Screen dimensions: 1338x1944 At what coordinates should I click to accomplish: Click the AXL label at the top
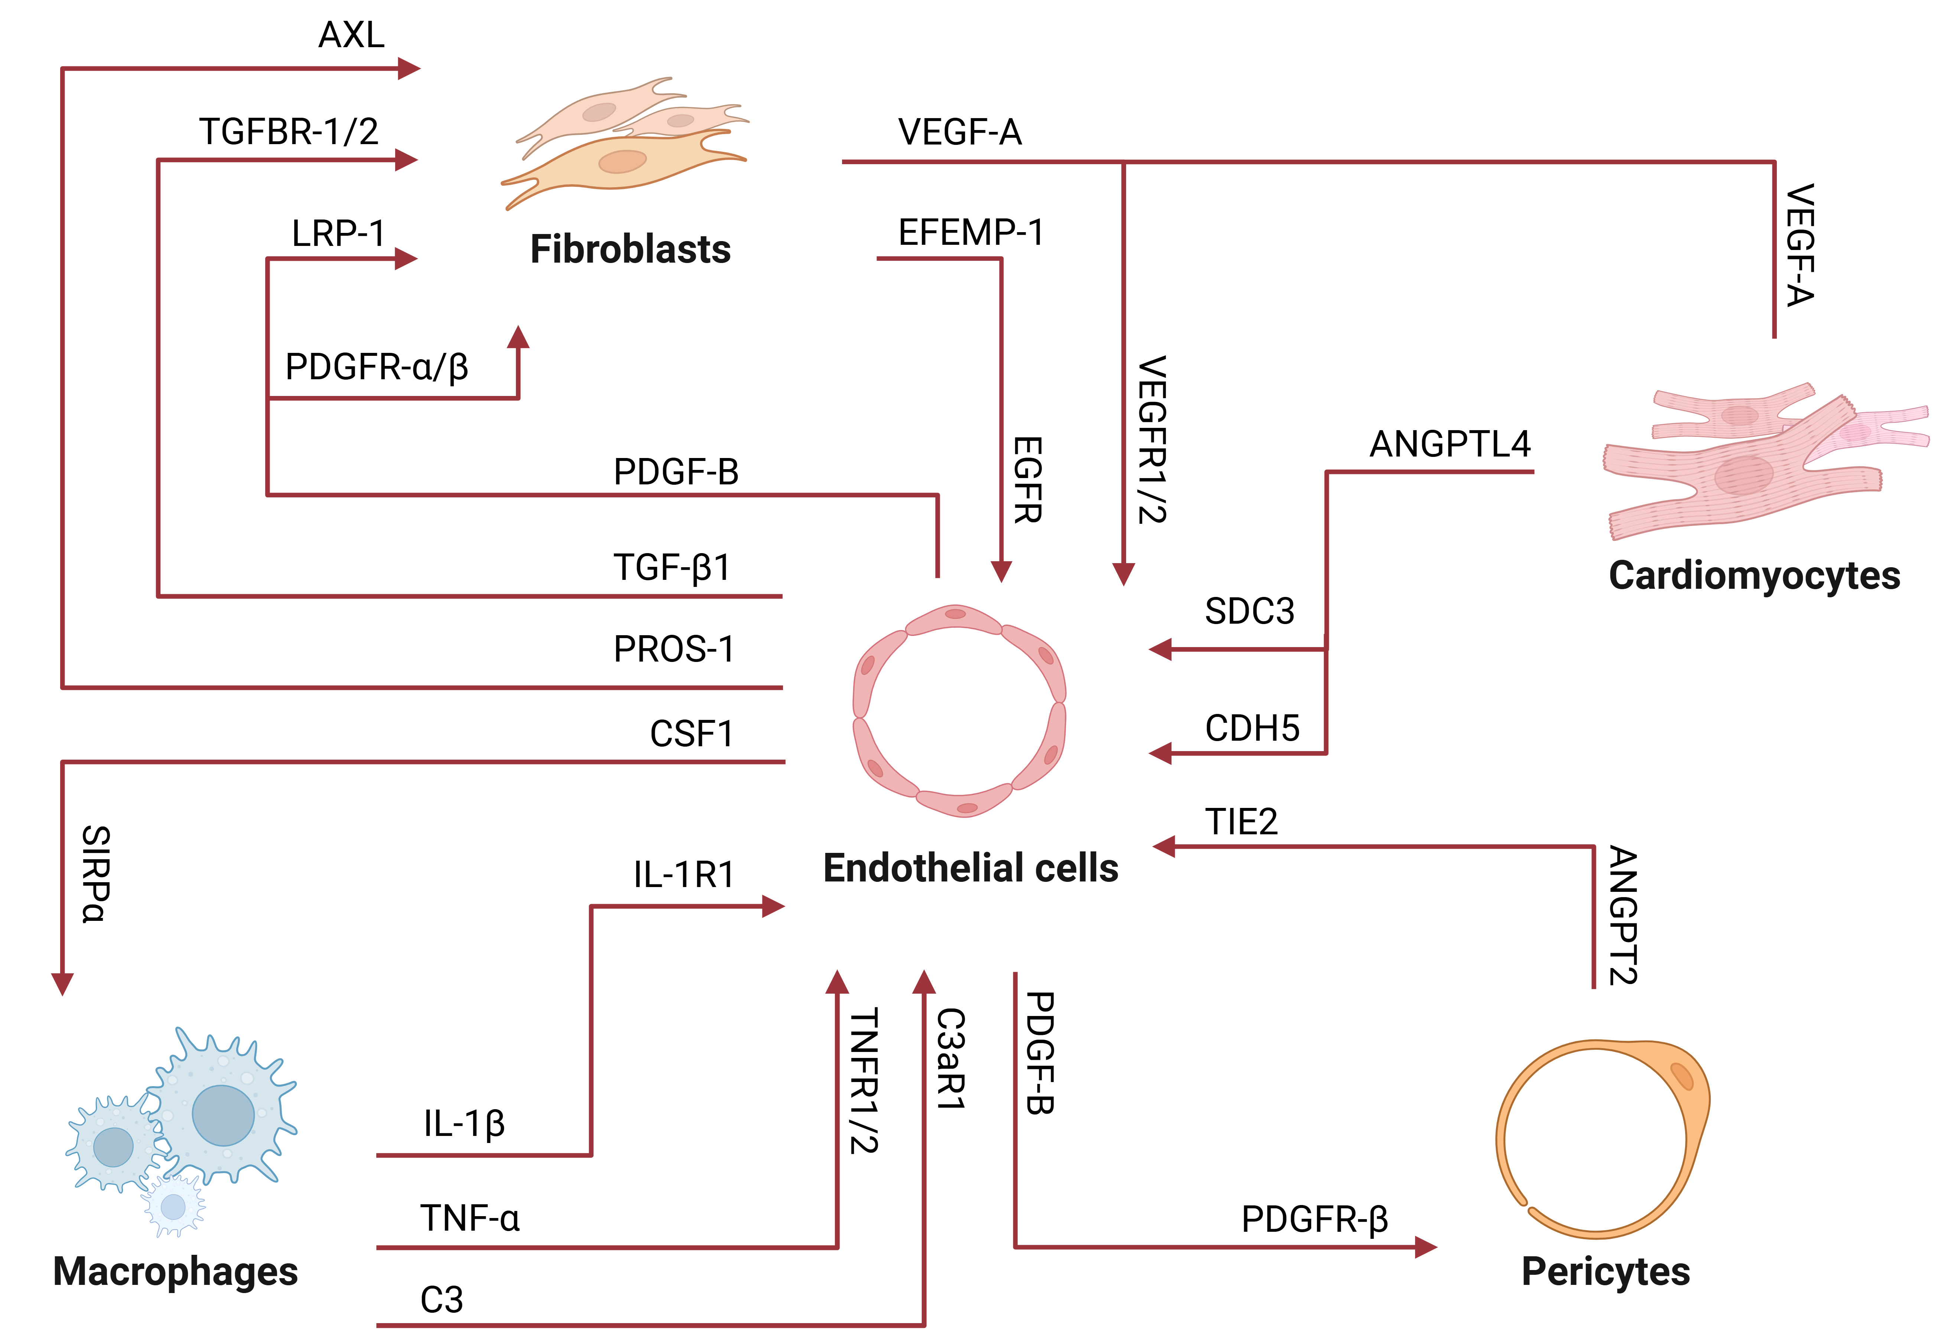click(x=351, y=35)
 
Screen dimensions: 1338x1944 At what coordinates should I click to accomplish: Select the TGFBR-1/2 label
click(x=288, y=131)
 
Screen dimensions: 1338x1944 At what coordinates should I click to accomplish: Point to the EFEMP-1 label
click(x=971, y=232)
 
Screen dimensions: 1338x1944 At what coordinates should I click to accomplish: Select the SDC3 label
click(x=1249, y=611)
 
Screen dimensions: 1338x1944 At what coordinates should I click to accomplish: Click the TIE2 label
click(x=1241, y=822)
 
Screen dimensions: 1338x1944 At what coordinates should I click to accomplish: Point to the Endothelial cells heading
click(x=970, y=868)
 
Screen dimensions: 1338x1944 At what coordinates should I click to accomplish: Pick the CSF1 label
click(x=692, y=734)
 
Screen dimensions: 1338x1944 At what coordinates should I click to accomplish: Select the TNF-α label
click(x=469, y=1218)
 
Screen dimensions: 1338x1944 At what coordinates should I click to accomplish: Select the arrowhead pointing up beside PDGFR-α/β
click(x=518, y=337)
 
